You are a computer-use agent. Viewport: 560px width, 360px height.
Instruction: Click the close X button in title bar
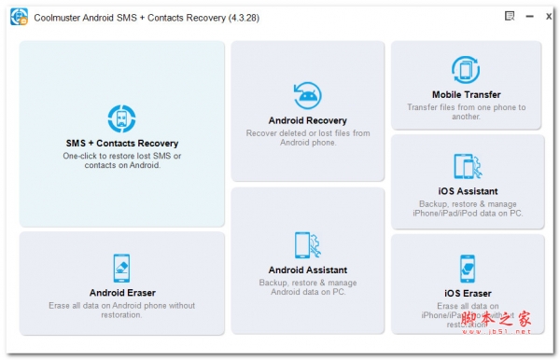pyautogui.click(x=549, y=16)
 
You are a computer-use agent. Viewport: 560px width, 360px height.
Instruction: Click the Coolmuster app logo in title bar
pyautogui.click(x=19, y=17)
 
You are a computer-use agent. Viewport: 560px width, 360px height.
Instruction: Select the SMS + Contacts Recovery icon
pyautogui.click(x=121, y=119)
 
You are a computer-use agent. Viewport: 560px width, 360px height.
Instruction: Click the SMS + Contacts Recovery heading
pyautogui.click(x=121, y=144)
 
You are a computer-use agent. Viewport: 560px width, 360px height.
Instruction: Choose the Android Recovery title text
pyautogui.click(x=307, y=120)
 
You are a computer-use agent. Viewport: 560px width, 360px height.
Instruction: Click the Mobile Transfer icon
pyautogui.click(x=466, y=70)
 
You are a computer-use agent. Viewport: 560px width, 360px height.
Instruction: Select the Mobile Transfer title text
pyautogui.click(x=466, y=94)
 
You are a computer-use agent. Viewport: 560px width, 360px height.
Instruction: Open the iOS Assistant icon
pyautogui.click(x=467, y=167)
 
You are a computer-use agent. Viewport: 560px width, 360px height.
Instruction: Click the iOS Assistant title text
pyautogui.click(x=467, y=191)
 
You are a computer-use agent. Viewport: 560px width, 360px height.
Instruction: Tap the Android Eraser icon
pyautogui.click(x=121, y=269)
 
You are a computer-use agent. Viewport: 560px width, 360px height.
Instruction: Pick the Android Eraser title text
pyautogui.click(x=121, y=293)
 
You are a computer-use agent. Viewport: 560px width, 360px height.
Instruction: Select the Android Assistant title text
pyautogui.click(x=307, y=270)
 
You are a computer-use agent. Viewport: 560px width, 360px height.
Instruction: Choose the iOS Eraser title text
pyautogui.click(x=467, y=294)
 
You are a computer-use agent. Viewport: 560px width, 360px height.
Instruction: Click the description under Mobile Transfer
pyautogui.click(x=466, y=112)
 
